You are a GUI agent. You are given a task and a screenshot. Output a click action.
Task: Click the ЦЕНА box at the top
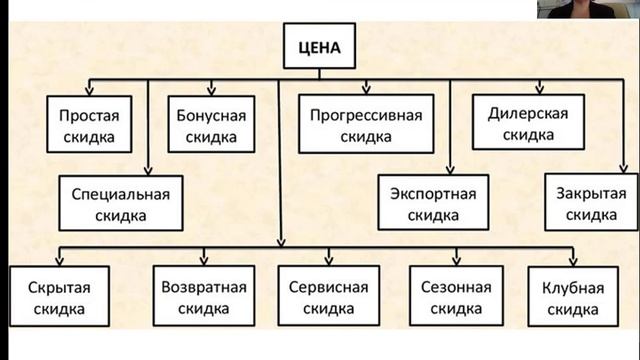coord(319,46)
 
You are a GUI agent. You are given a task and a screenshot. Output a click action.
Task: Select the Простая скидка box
coord(88,123)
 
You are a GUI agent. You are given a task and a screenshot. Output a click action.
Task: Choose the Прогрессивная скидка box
coord(366,123)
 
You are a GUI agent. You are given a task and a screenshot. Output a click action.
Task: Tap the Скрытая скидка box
coord(60,297)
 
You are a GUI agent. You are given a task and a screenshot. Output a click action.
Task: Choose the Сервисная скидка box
coord(328,297)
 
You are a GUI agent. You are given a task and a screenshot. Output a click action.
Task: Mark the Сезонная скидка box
coord(456,297)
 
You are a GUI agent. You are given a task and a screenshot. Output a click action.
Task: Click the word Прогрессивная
coord(366,113)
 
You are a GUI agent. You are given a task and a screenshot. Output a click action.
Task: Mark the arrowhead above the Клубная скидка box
coord(573,260)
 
